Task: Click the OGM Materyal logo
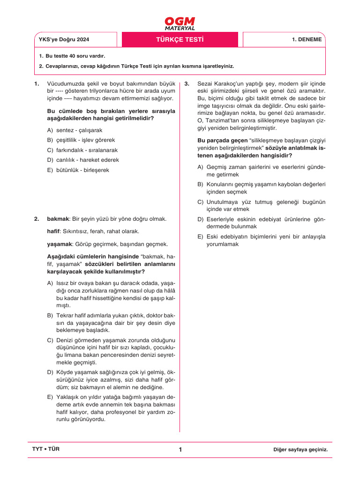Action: [180, 23]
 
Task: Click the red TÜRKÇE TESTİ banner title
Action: [180, 39]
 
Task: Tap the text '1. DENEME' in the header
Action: [307, 39]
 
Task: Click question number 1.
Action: [36, 84]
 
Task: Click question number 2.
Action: [36, 219]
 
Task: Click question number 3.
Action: [187, 84]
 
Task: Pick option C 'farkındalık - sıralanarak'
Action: [82, 150]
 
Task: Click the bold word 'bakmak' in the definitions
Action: [58, 219]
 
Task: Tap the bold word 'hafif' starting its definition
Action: [53, 232]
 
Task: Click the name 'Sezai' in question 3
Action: [205, 84]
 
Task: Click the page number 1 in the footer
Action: [180, 450]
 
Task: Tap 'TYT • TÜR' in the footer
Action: [45, 449]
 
